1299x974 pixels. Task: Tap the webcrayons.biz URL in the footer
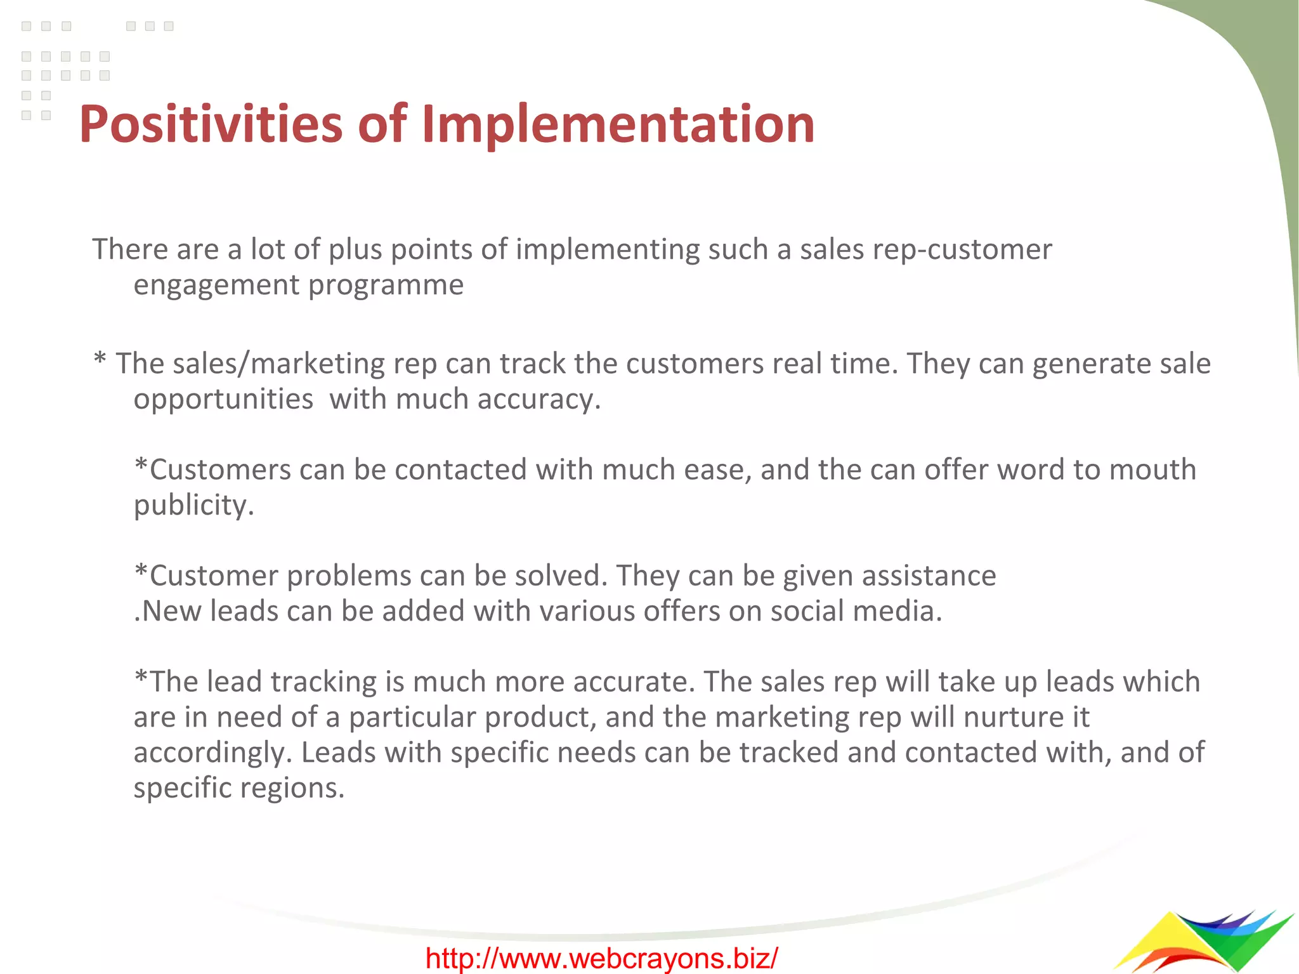coord(601,958)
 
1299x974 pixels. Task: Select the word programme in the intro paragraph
coord(386,286)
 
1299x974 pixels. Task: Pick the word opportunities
coord(223,399)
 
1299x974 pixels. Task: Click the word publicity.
coord(193,506)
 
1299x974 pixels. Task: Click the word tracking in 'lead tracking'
coord(323,682)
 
